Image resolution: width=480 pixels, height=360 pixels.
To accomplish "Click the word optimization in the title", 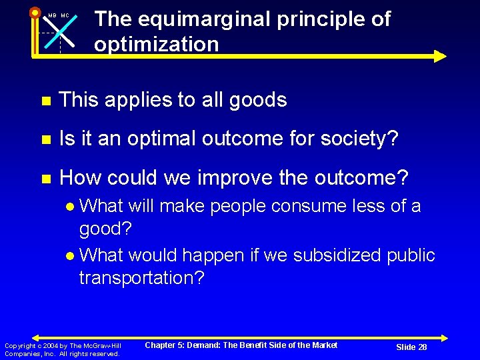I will (156, 45).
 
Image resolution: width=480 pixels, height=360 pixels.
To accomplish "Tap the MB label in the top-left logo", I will (52, 16).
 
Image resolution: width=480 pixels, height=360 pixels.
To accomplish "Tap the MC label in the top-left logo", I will (65, 16).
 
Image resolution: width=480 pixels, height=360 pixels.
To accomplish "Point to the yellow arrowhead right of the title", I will (440, 56).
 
